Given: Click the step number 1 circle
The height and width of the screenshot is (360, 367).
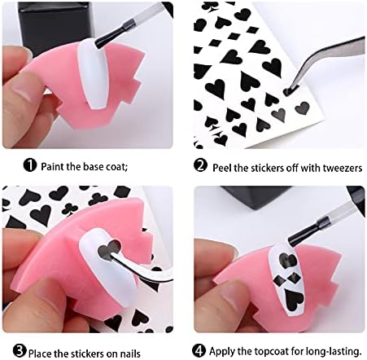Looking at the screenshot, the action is pos(30,165).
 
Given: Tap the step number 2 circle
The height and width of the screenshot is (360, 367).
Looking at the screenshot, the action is pos(201,165).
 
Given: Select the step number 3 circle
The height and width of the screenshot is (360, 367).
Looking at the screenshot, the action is pos(20,351).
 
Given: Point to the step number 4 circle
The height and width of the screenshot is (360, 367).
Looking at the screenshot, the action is pos(199,350).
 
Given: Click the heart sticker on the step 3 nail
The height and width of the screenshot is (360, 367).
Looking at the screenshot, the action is pos(109,248).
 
